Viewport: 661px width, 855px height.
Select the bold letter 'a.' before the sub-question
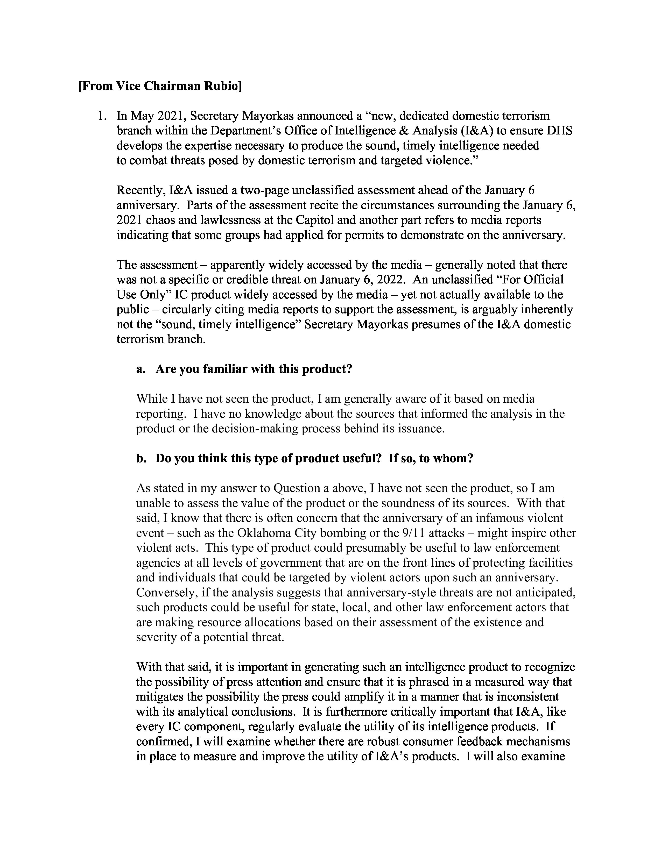[x=141, y=369]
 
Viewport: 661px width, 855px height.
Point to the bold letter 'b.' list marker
[x=141, y=458]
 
